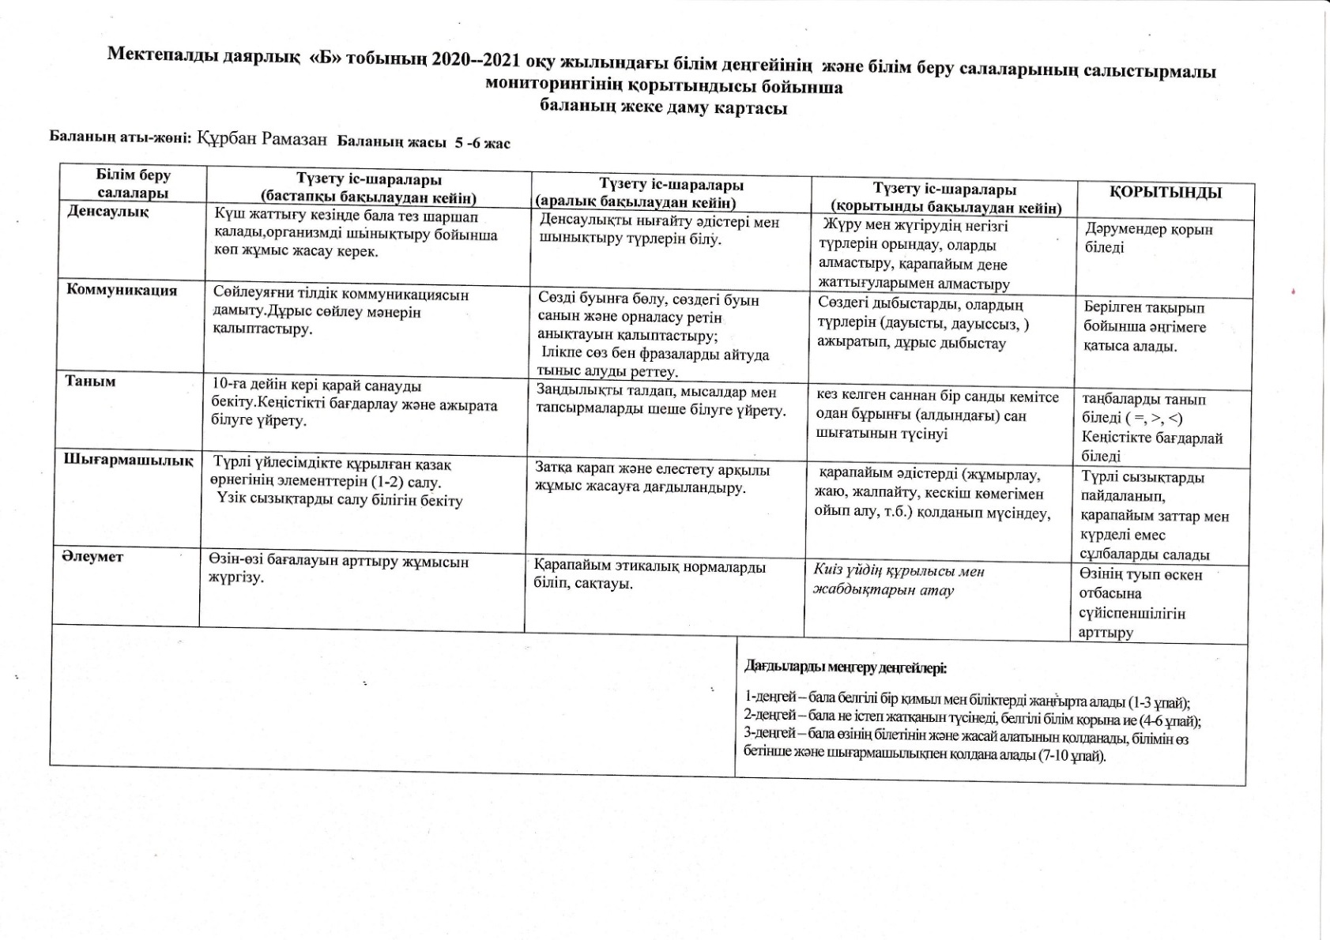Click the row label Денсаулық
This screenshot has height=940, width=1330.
pos(108,212)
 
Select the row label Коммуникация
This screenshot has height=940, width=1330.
pos(122,290)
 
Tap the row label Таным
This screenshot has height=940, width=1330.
pos(91,382)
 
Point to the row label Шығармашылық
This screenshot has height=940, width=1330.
pos(128,460)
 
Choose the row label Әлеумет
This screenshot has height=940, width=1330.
pos(93,556)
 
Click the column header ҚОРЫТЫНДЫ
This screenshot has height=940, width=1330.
pos(1166,193)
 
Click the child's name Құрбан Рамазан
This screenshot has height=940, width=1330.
pos(262,139)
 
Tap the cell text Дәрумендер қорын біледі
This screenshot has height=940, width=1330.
pos(1148,238)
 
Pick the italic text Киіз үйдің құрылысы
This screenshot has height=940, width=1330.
pos(899,571)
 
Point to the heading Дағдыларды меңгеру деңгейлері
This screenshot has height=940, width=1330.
pos(846,667)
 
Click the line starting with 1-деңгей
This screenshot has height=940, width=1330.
pos(967,702)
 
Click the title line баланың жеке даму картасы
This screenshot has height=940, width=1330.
pos(664,107)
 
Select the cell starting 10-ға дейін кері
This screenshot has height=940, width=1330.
pos(355,403)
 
